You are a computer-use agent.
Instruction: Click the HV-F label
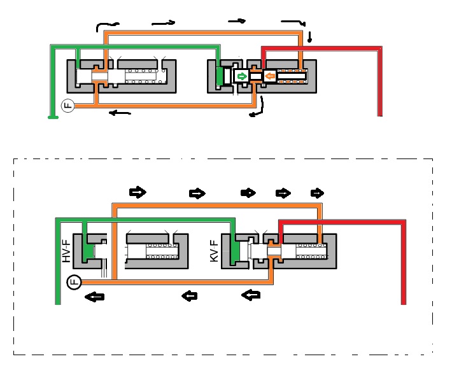[66, 251]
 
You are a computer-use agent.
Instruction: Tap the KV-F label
[215, 251]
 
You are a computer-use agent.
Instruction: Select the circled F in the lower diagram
[74, 283]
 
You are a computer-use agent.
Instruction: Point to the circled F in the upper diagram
[68, 106]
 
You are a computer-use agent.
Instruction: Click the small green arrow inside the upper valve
[242, 77]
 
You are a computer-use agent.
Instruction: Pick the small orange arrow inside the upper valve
[269, 76]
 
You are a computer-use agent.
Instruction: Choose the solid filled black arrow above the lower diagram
[248, 193]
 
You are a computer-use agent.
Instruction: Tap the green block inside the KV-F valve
[235, 252]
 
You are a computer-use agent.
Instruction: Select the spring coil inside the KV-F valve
[311, 251]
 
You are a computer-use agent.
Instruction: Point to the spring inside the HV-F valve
[162, 251]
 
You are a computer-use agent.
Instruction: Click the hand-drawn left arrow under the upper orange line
[120, 113]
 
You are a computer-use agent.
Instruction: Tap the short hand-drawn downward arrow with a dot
[309, 37]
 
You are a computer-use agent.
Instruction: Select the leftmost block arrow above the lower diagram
[138, 192]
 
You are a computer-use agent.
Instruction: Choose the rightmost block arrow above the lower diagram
[317, 194]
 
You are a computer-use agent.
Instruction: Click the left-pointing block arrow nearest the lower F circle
[95, 297]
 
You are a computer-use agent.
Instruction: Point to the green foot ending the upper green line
[53, 117]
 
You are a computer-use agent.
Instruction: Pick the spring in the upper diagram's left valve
[146, 76]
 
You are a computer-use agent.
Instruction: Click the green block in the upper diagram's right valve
[219, 76]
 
